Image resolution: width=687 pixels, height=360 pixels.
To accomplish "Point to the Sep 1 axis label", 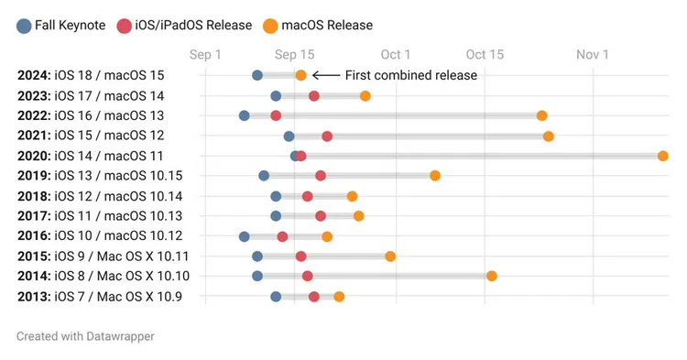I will coord(205,55).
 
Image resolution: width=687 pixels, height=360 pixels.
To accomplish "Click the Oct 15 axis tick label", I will coord(485,55).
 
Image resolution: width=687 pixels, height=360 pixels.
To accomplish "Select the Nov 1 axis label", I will coord(593,55).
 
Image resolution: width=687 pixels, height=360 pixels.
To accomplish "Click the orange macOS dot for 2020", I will coord(663,156).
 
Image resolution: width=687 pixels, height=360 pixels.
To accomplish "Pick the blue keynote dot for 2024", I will coord(257,75).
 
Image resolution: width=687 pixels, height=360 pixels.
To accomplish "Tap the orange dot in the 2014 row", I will coord(492,276).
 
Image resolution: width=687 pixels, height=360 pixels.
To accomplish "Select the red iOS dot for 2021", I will coord(327,136).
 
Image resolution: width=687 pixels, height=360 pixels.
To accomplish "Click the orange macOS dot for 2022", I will coord(542,115).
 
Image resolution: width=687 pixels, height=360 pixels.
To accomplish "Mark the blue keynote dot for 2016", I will coord(245,236).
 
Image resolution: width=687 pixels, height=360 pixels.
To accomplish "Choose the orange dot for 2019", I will coord(435,175).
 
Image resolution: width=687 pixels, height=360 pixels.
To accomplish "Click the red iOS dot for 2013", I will coord(314,297).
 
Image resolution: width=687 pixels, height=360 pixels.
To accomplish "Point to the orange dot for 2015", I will coord(390,256).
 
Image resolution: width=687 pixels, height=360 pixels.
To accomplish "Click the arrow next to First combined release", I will coord(326,75).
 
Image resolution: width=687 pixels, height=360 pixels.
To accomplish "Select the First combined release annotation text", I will coord(410,75).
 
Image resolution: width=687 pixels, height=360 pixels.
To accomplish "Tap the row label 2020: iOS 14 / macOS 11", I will coord(91,156).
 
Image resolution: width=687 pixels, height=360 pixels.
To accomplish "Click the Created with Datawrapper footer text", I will coord(85,336).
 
